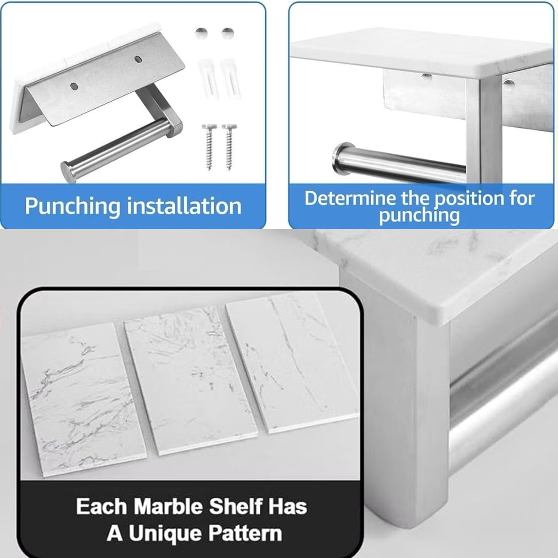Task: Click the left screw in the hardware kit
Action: click(x=209, y=147)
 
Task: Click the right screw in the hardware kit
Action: click(x=229, y=147)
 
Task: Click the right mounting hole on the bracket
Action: click(x=138, y=59)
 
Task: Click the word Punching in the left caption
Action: click(x=72, y=206)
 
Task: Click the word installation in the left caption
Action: click(x=184, y=206)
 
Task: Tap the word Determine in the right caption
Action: click(x=349, y=198)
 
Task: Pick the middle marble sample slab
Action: click(x=191, y=380)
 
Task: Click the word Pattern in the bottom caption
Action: click(x=245, y=533)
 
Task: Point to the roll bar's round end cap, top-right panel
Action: click(x=341, y=159)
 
